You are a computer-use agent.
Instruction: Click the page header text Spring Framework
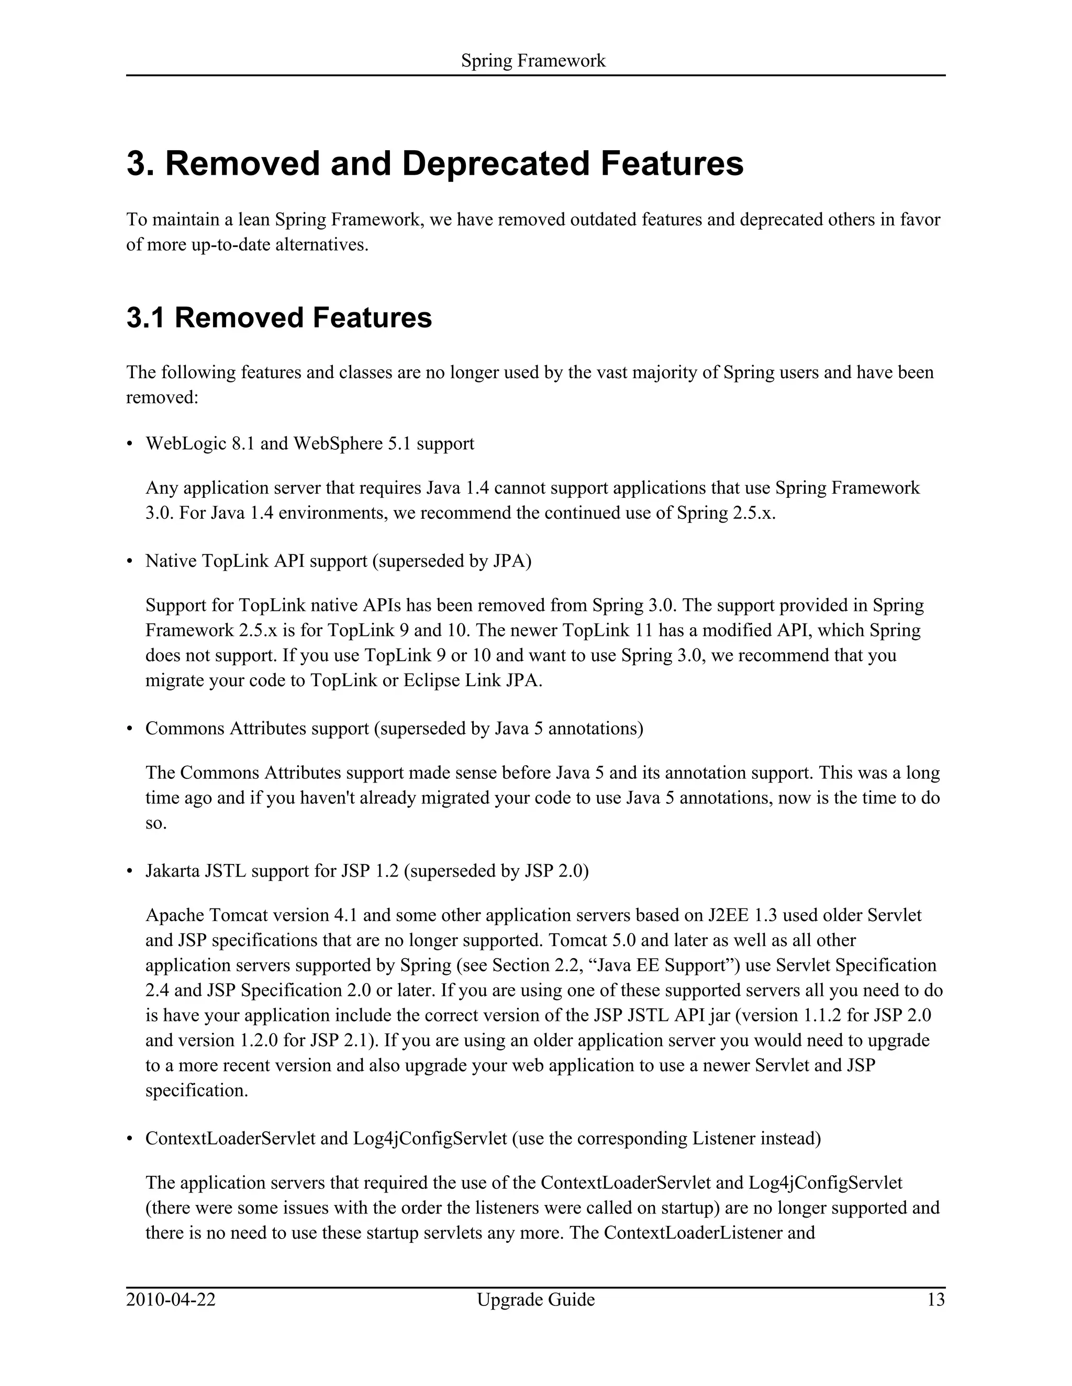(533, 61)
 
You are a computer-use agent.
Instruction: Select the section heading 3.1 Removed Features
(279, 318)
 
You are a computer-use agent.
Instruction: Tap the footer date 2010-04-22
(171, 1300)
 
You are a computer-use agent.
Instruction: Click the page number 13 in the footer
(935, 1300)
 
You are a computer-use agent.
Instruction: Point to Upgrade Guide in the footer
(535, 1300)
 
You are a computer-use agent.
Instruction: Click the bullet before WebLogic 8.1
(130, 444)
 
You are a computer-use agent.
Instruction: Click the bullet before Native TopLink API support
(130, 562)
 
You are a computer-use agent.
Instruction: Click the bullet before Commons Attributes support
(130, 729)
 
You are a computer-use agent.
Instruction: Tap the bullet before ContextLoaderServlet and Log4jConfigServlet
(130, 1139)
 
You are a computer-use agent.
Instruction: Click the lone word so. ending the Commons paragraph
(155, 824)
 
